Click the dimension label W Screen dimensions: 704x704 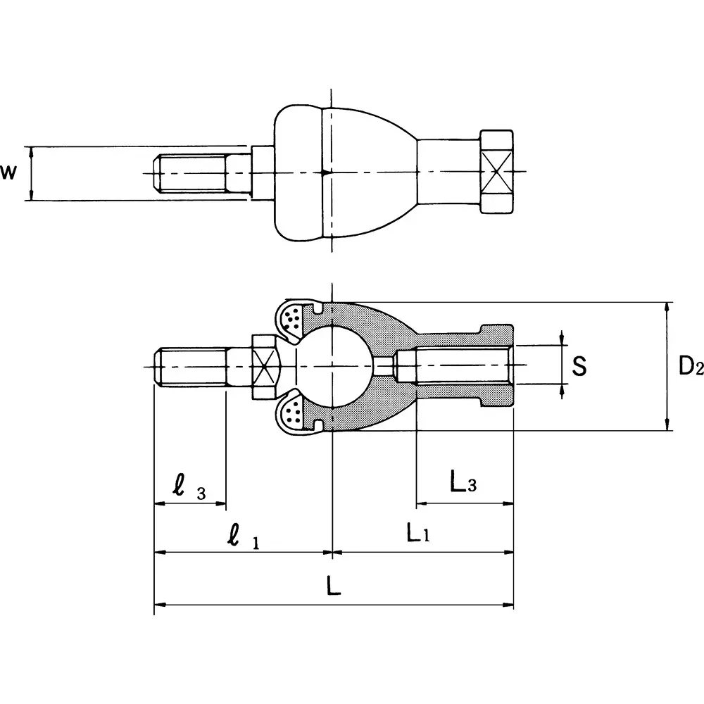(x=8, y=172)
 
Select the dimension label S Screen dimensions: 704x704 (x=579, y=366)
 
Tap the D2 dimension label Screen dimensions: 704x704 (x=690, y=366)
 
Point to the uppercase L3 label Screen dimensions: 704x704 (x=463, y=484)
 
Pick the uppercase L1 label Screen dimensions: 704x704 (x=417, y=534)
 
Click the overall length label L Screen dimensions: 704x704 (x=334, y=586)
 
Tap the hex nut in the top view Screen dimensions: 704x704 (x=496, y=172)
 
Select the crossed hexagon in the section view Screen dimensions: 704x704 (x=265, y=366)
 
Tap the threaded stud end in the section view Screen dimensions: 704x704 (x=190, y=366)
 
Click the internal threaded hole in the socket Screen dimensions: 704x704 (x=454, y=366)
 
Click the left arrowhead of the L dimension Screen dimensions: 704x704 (x=159, y=604)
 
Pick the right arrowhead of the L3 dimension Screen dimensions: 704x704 (x=508, y=504)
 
